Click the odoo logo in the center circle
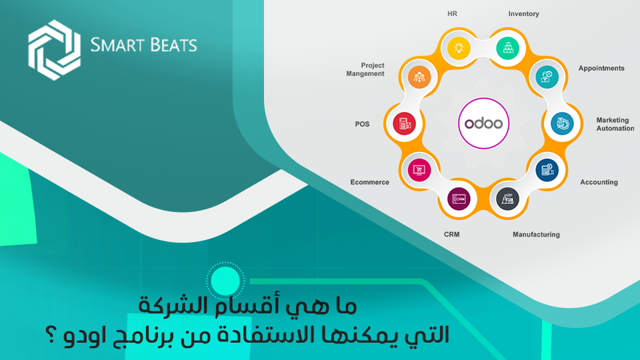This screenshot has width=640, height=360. click(484, 123)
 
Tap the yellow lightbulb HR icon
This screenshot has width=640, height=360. click(459, 48)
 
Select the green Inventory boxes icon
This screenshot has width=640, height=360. click(507, 48)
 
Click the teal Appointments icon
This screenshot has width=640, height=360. click(547, 76)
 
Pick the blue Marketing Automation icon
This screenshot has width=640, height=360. click(562, 123)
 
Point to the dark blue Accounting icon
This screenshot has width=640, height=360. click(547, 169)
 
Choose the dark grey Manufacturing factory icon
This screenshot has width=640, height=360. click(507, 199)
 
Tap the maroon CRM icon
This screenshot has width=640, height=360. click(459, 199)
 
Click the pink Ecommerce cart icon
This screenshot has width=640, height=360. click(419, 169)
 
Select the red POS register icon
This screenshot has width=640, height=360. click(404, 123)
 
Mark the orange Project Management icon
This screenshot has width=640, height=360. click(419, 76)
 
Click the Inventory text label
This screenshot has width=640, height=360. click(524, 14)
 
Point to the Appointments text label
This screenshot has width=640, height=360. click(601, 68)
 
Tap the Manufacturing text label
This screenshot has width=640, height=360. click(536, 234)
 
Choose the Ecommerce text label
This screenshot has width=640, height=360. click(370, 182)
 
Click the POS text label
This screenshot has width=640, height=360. click(363, 124)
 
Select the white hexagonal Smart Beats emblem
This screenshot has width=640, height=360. click(54, 50)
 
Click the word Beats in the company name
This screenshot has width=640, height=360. click(171, 45)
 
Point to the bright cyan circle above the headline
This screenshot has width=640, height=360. click(225, 281)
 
